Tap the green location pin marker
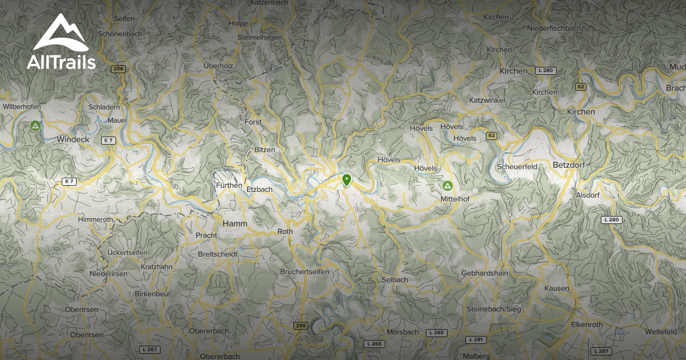coord(346,180)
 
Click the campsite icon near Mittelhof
coord(447,186)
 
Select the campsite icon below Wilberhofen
coord(35,126)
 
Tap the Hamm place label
coord(235,223)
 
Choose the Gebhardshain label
coord(484,273)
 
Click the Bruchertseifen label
coord(305,272)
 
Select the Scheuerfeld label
coord(517,166)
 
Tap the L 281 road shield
coord(476,339)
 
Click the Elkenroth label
coord(587,324)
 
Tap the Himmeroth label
coord(95,219)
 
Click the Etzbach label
coord(260,189)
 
